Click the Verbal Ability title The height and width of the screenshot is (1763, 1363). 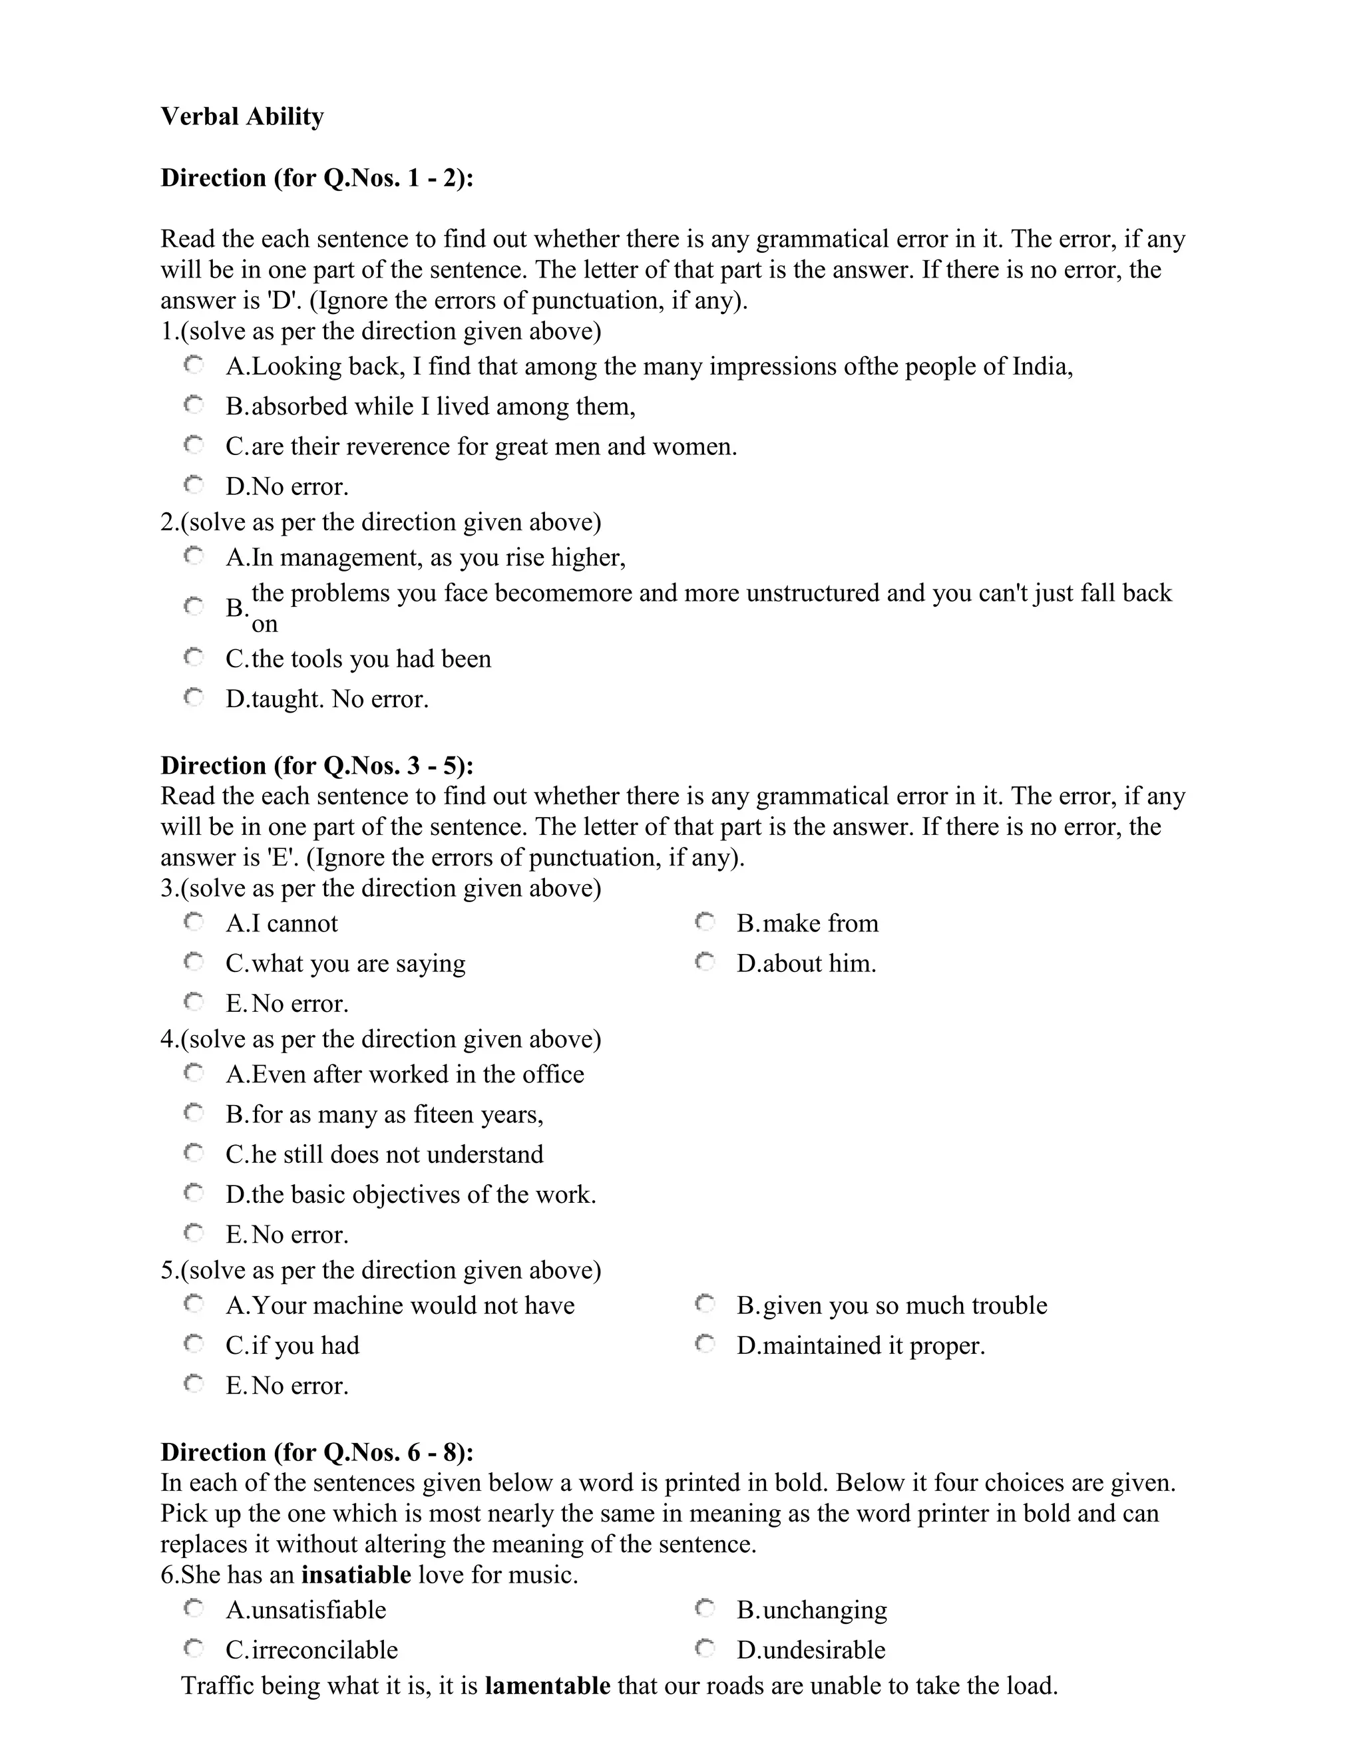click(x=242, y=117)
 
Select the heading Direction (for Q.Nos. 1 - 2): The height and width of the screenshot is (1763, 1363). click(x=317, y=178)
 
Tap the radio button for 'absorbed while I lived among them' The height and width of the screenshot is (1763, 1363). click(x=194, y=405)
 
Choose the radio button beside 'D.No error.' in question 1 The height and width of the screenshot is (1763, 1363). click(x=194, y=485)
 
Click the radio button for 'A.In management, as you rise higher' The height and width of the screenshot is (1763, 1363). click(x=194, y=556)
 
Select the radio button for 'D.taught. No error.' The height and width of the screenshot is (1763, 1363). click(x=194, y=697)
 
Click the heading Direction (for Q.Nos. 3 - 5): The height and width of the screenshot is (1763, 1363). click(x=317, y=765)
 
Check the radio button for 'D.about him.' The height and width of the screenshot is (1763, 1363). click(x=705, y=962)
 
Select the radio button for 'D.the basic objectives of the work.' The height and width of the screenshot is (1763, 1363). click(x=194, y=1193)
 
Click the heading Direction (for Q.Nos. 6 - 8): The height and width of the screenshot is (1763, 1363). click(x=317, y=1452)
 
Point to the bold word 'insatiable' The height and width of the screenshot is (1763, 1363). click(x=356, y=1575)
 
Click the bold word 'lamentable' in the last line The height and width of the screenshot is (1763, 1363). click(x=548, y=1686)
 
